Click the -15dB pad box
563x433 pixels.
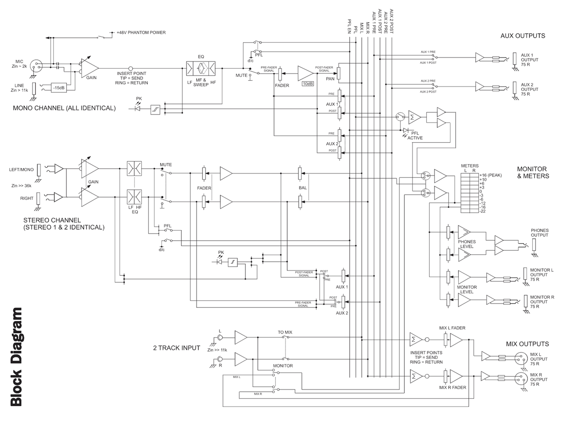[58, 87]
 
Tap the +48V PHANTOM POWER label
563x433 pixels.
[141, 32]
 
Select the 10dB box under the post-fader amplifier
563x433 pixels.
[308, 83]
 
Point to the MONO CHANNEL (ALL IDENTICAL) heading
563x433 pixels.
[64, 108]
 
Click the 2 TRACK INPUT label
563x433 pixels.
[176, 348]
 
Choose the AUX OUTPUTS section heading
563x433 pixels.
[523, 36]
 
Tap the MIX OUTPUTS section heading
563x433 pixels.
[527, 344]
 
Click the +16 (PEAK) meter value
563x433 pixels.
[490, 175]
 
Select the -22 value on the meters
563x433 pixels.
[483, 211]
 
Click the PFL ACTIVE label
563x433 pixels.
[415, 135]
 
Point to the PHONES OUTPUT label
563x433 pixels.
[540, 233]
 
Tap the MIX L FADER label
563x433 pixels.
[452, 328]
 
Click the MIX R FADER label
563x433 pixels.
[453, 387]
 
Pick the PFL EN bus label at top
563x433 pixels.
[350, 26]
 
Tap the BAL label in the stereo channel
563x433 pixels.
[303, 188]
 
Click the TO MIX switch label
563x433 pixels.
[285, 332]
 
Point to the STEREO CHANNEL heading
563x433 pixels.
[64, 224]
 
